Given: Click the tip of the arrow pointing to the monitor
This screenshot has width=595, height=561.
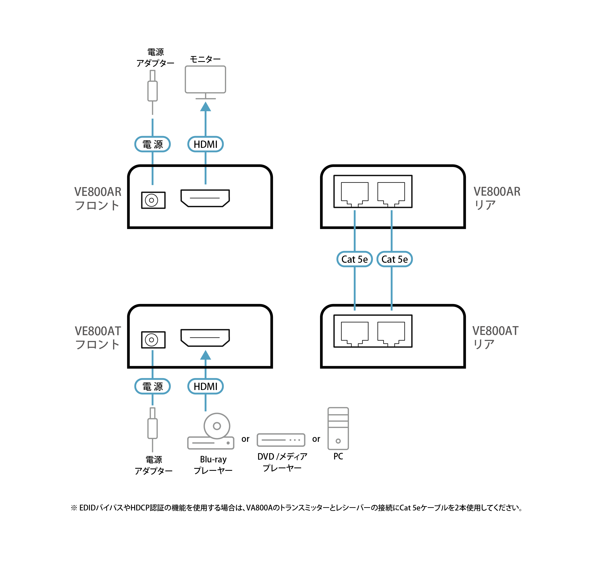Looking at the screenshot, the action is tap(205, 102).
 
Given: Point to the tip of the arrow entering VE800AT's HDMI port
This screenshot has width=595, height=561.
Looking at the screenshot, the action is tap(205, 350).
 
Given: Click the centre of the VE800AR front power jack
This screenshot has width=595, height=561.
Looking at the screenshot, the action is tap(152, 200).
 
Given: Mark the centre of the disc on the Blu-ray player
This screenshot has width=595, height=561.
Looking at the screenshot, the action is tap(217, 426).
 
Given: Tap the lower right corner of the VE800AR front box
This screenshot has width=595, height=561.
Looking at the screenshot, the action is tap(272, 228).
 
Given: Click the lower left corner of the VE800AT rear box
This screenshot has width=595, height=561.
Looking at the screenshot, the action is tap(321, 368).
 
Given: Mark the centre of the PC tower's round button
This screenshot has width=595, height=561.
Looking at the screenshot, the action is tap(338, 441).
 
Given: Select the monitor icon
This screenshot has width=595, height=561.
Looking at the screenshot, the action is tap(205, 82).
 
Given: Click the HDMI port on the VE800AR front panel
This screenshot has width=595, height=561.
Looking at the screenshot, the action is tap(205, 198).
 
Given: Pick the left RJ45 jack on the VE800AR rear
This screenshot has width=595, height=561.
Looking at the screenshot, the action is tap(355, 194).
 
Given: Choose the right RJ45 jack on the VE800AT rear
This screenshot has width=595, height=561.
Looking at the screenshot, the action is tap(391, 334).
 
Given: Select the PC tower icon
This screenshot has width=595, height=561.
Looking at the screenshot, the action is tap(338, 428).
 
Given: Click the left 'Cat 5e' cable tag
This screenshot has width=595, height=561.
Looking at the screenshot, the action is tap(355, 259).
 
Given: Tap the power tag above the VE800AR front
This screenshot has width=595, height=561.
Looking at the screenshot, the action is tap(152, 144).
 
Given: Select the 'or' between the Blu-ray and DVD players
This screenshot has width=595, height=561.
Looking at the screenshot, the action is tap(245, 439).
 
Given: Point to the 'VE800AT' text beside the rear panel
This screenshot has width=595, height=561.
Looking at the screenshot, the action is tap(495, 331).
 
